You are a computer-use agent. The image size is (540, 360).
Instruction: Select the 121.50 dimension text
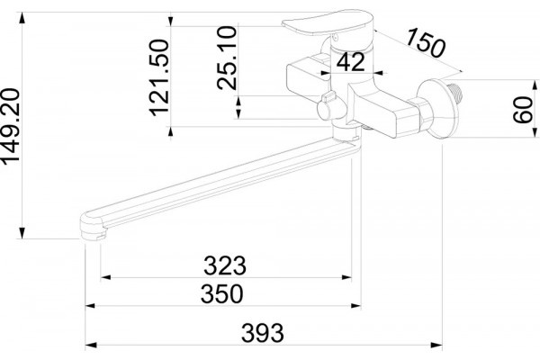pyautogui.click(x=159, y=78)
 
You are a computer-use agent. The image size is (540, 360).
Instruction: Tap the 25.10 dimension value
pyautogui.click(x=228, y=58)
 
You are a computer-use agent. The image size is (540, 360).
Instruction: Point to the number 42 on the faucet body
pyautogui.click(x=351, y=62)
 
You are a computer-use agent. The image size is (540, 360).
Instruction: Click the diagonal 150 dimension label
pyautogui.click(x=426, y=43)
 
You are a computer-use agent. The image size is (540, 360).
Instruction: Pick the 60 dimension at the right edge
pyautogui.click(x=522, y=110)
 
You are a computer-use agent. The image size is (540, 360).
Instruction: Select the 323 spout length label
pyautogui.click(x=225, y=265)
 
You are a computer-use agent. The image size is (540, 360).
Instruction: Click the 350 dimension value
pyautogui.click(x=222, y=294)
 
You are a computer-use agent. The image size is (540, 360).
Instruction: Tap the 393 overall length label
pyautogui.click(x=263, y=333)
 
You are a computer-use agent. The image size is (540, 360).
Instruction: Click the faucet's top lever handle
pyautogui.click(x=328, y=22)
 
